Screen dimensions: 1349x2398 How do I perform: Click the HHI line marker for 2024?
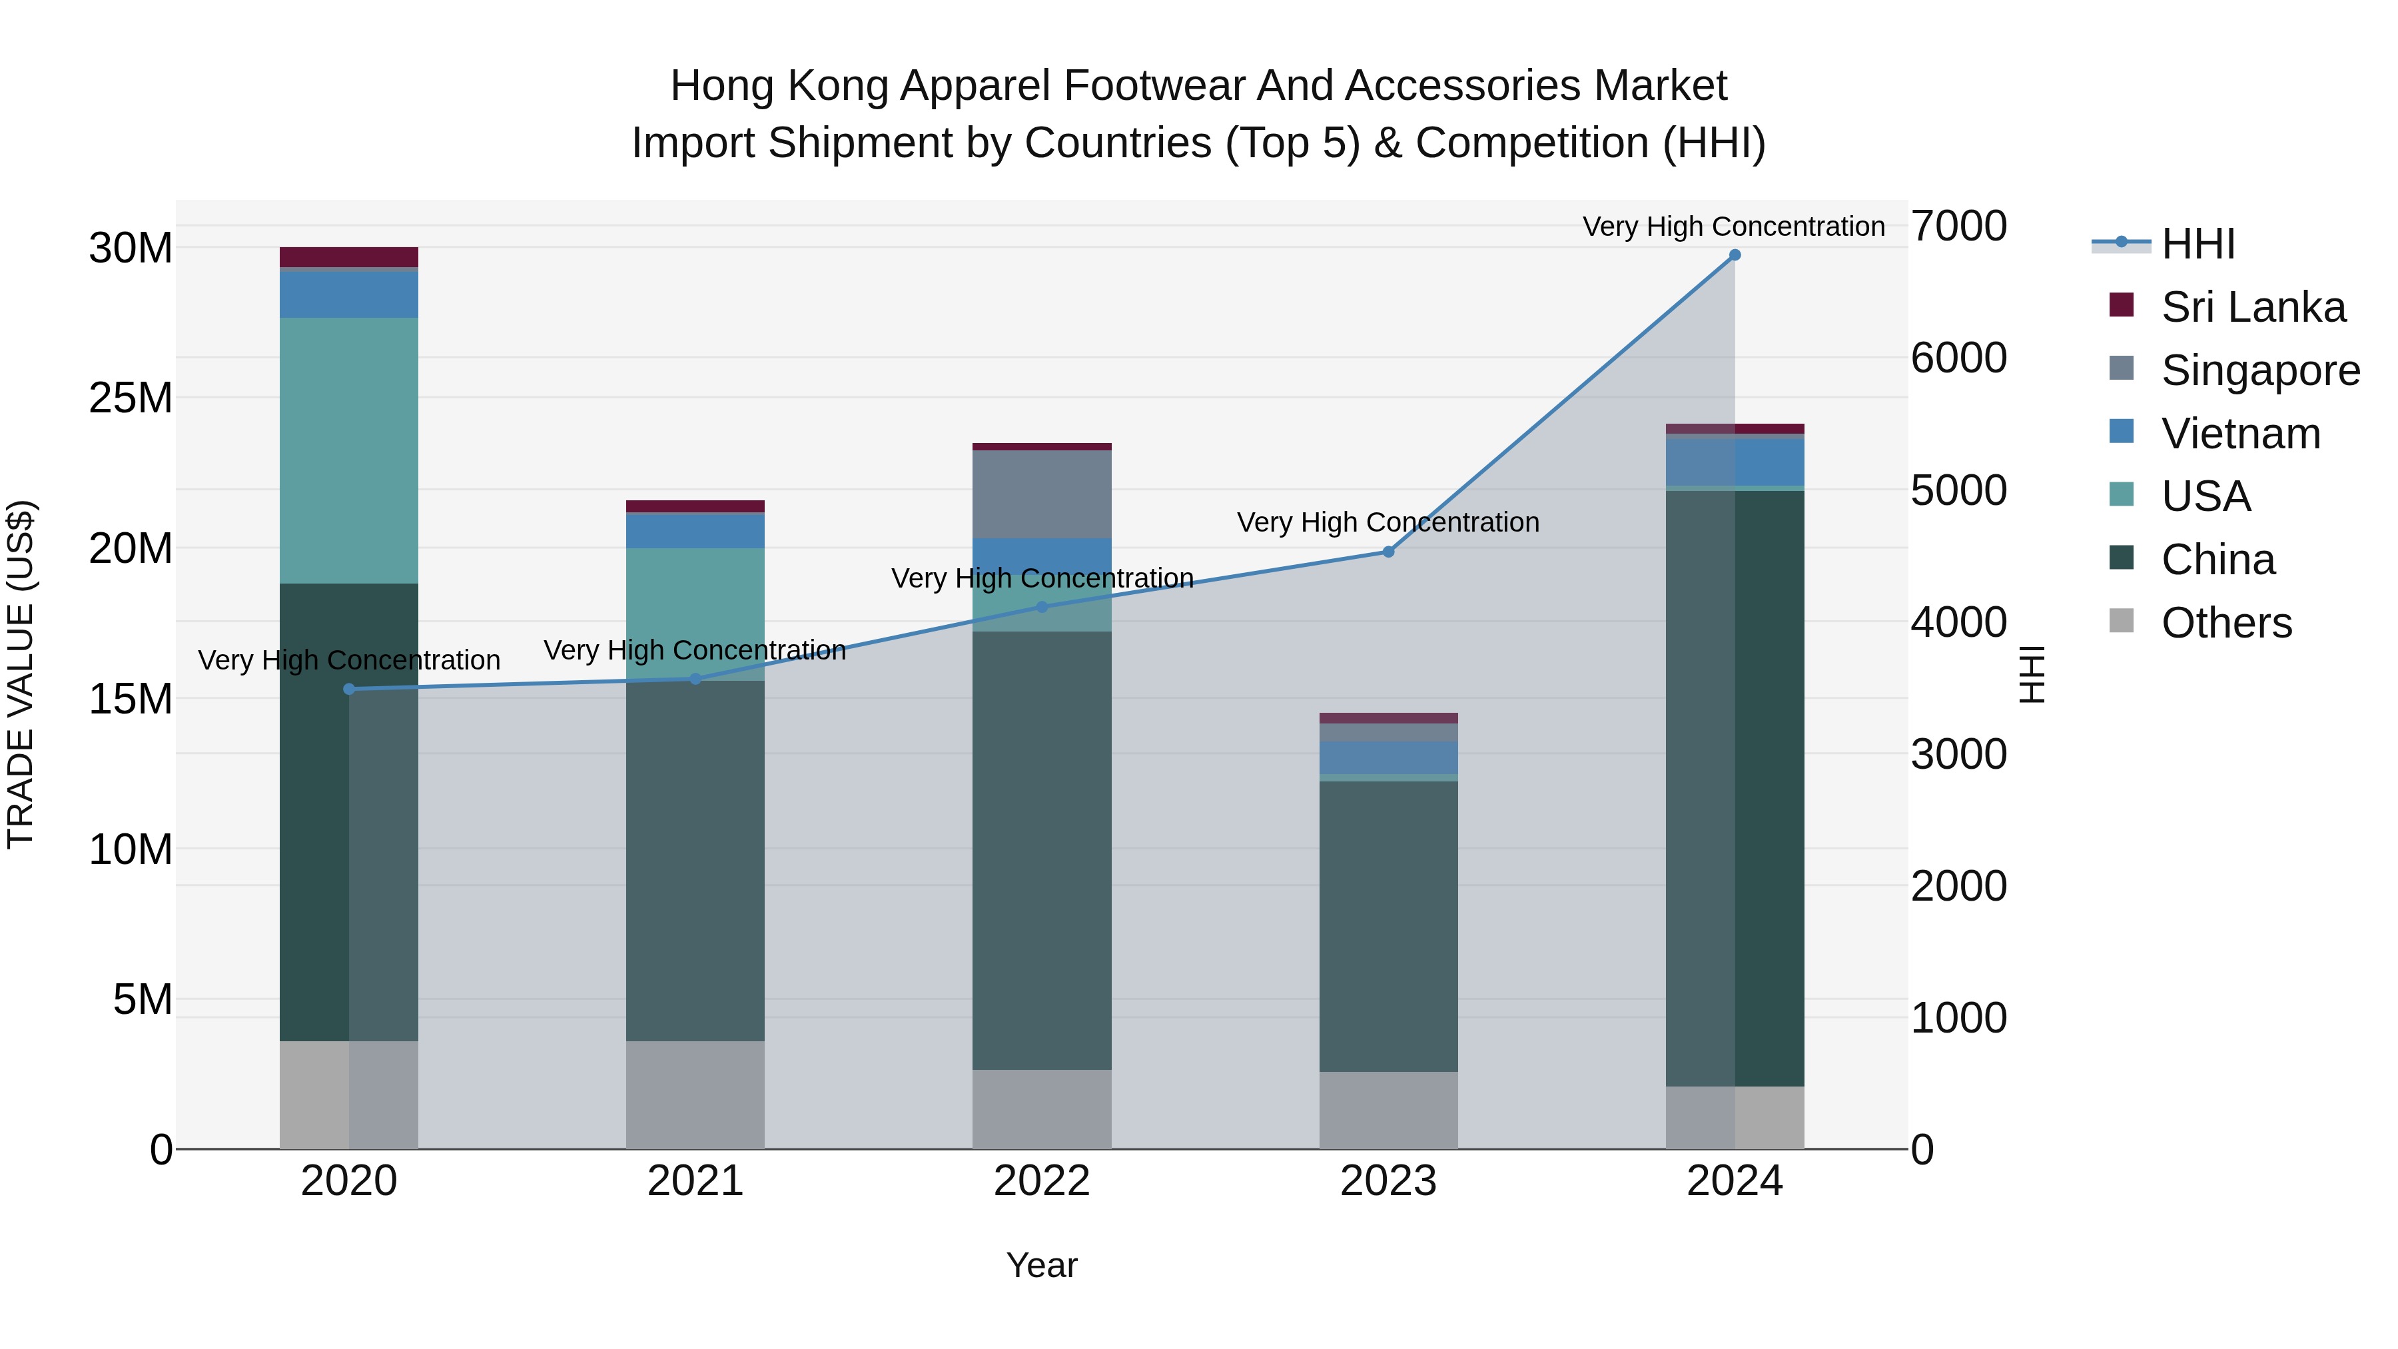point(1735,255)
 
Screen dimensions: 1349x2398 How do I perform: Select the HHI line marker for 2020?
point(349,689)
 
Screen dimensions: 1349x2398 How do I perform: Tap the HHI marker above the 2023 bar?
point(1388,552)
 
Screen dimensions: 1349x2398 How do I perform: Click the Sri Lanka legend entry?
point(2253,307)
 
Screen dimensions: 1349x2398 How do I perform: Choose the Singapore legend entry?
point(2260,370)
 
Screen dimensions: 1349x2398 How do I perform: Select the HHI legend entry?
point(2197,244)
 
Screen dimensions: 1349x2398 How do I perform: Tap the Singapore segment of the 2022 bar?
point(1042,494)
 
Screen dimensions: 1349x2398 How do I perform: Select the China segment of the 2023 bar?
point(1388,927)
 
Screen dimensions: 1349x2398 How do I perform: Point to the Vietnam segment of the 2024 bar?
point(1735,462)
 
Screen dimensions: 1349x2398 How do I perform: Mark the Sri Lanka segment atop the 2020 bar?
point(349,257)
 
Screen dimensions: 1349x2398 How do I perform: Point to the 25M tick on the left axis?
point(131,398)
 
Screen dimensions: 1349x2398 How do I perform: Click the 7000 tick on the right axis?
point(1958,226)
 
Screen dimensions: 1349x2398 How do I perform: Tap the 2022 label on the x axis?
point(1042,1181)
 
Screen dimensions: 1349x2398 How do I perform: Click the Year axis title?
point(1042,1265)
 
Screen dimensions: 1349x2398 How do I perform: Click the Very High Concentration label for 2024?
point(1733,226)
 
